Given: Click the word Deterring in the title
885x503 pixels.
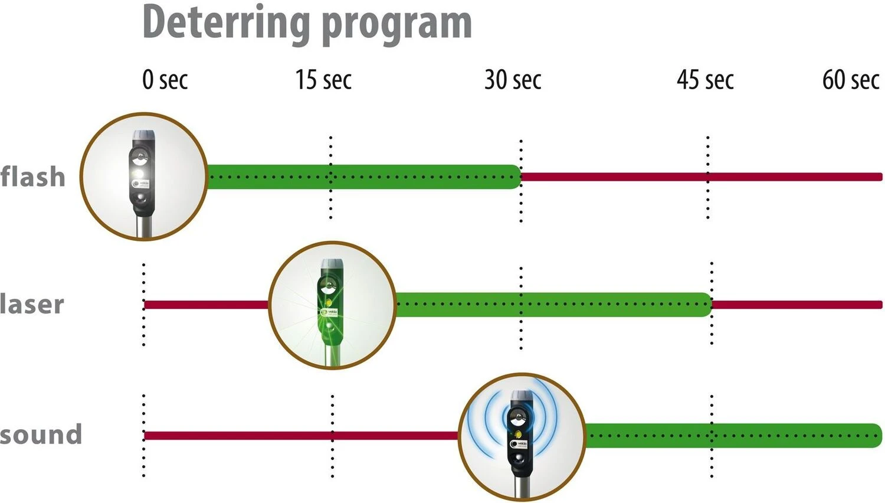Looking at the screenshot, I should [x=227, y=22].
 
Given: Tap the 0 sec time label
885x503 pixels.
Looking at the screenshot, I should [x=165, y=80].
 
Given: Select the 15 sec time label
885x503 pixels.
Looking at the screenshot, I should [x=323, y=80].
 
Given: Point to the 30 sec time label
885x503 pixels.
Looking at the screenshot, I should [x=512, y=80].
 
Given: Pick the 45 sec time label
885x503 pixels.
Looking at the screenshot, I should [x=705, y=80].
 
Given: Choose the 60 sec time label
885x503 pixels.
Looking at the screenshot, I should [x=850, y=80].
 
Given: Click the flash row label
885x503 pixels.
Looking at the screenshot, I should [x=32, y=177].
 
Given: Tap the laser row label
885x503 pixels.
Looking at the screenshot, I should [x=32, y=305].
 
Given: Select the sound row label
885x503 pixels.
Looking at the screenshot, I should [x=41, y=435].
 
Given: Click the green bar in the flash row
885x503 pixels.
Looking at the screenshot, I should [x=363, y=177].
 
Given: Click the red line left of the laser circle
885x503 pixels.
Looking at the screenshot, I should [x=206, y=305].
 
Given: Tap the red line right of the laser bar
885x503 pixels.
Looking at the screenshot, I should [x=796, y=305].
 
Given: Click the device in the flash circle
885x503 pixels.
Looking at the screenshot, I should [x=142, y=177].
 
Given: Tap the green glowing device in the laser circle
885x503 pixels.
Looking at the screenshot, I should [x=330, y=304].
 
